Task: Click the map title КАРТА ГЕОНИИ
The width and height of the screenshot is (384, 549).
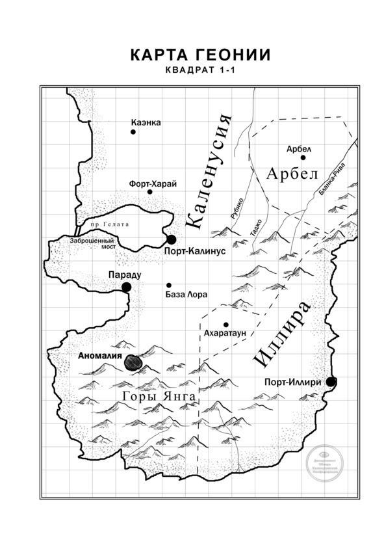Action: pos(191,54)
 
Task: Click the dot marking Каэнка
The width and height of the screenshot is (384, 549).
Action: pos(133,131)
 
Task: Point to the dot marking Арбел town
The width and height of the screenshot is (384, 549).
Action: pos(303,157)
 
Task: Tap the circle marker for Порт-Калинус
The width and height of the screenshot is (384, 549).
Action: pos(172,239)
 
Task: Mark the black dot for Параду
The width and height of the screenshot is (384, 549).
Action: pos(127,286)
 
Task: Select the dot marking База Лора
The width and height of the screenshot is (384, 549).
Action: pos(169,285)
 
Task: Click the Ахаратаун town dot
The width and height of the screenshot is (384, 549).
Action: pos(226,324)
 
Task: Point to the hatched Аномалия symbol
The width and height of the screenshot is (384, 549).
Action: pos(135,363)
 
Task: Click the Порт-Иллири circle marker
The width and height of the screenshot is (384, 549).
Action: pos(331,381)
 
